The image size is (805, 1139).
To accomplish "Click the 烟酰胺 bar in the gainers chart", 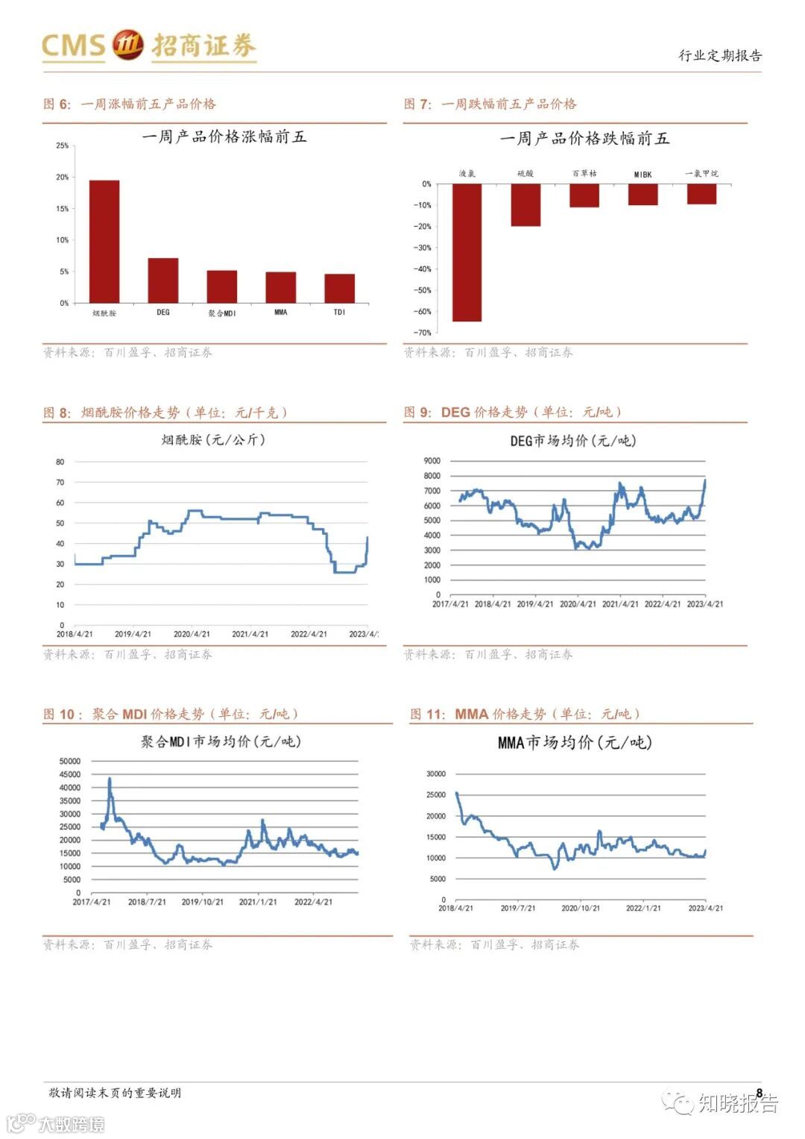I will pos(104,242).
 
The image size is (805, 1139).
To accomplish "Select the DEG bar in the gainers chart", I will pos(162,280).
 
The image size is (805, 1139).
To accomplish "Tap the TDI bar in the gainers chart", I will pos(339,288).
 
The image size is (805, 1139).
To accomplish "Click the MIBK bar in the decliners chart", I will pos(643,194).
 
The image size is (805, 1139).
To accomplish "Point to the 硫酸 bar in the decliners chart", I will pos(525,204).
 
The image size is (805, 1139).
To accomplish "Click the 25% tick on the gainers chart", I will pos(62,146).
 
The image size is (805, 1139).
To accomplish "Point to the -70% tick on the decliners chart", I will pos(423,333).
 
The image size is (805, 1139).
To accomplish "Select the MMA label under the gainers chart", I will pos(280,313).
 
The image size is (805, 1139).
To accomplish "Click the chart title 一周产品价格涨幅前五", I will pos(224,137).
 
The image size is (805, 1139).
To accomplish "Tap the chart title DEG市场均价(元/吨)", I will pos(572,441).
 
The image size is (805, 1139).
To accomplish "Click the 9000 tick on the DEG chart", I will pos(432,461).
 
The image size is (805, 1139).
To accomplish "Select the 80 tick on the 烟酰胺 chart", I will pos(60,462).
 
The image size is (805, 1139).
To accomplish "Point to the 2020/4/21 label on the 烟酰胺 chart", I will pos(192,634).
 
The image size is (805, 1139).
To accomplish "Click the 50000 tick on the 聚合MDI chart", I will pos(70,762).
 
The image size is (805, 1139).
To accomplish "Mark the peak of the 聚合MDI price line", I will pos(110,779).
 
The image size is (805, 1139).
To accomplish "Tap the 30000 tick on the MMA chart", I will pos(435,774).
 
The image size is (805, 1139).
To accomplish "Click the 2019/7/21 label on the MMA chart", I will pos(518,909).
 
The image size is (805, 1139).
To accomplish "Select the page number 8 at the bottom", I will pos(760,1093).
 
